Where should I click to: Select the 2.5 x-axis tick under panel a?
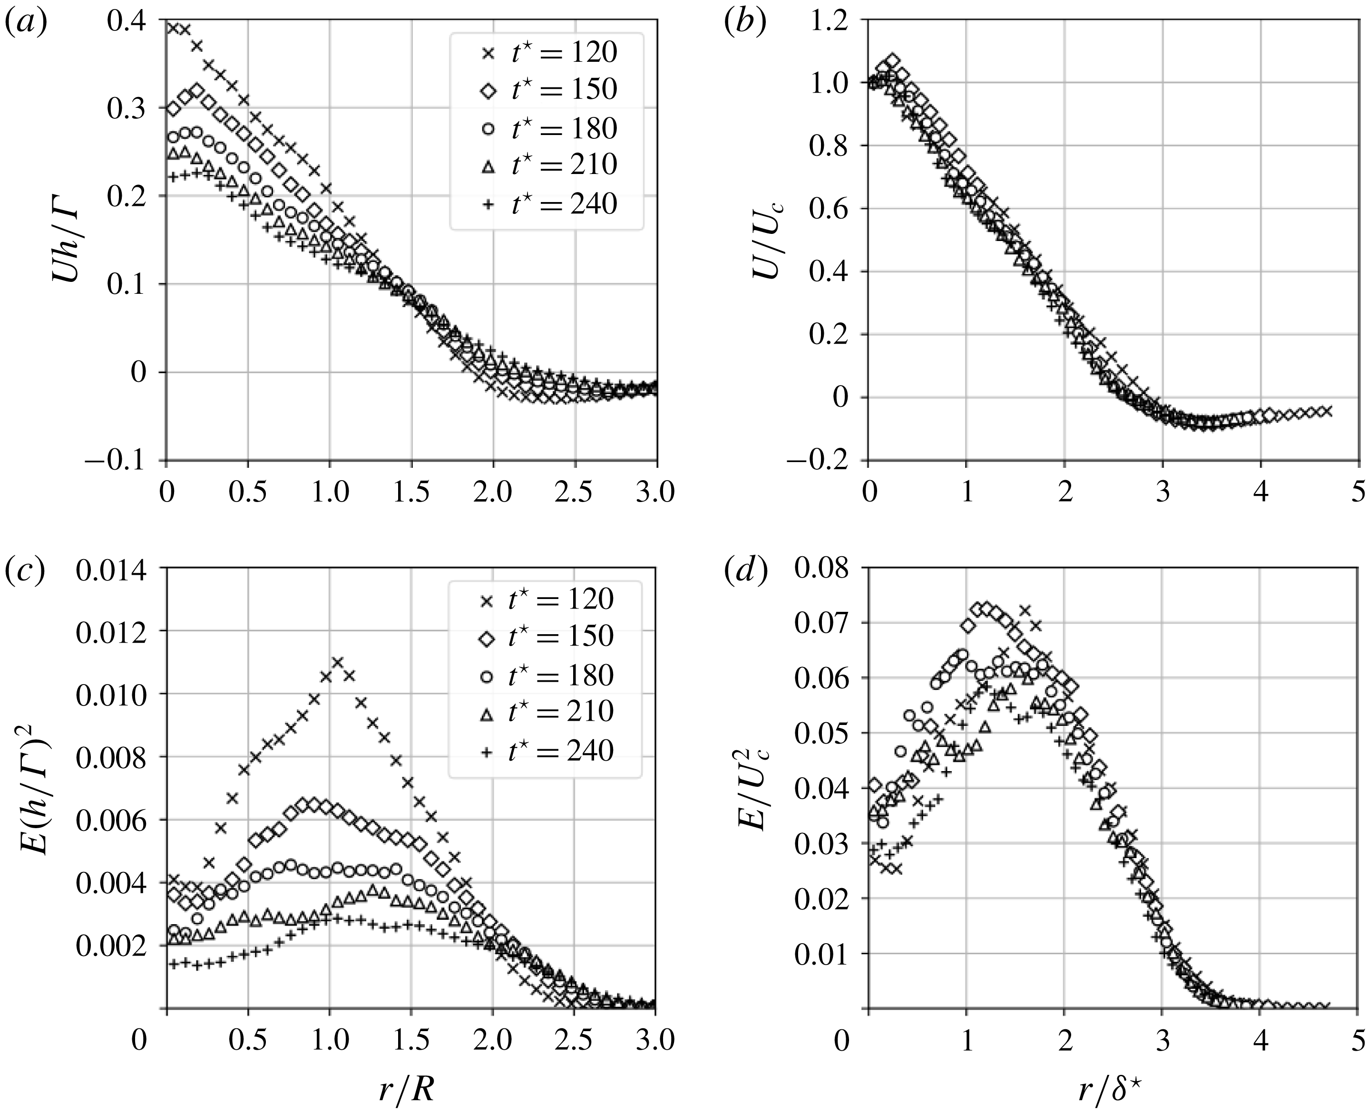click(x=574, y=493)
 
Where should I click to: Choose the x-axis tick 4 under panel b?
click(x=1260, y=493)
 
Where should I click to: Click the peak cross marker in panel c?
click(x=337, y=662)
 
